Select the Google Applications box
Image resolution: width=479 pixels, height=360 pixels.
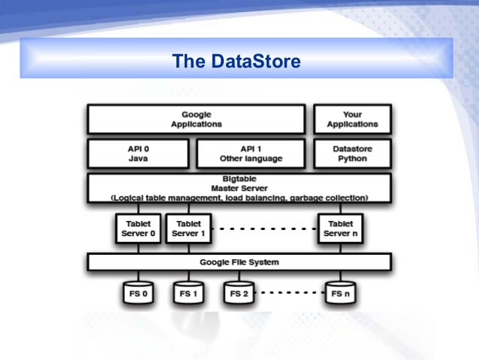(196, 119)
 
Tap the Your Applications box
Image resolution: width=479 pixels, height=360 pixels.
(352, 119)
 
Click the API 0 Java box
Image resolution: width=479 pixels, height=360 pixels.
(138, 154)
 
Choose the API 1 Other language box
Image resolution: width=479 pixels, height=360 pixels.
(251, 154)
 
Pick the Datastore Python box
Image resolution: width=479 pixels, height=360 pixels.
(352, 154)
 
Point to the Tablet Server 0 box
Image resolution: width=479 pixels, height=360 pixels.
(138, 228)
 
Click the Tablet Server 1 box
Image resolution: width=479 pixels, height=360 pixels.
(187, 228)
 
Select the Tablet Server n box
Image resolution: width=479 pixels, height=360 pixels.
(342, 228)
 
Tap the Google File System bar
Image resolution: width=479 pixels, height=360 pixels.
(239, 262)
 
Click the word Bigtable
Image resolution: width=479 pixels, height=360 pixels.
(239, 179)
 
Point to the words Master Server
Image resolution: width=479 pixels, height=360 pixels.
(239, 188)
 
